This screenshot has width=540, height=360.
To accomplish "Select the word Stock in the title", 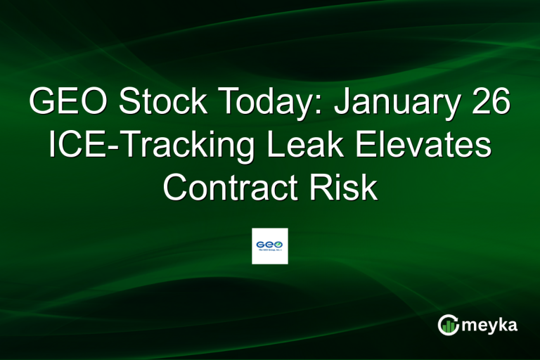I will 163,103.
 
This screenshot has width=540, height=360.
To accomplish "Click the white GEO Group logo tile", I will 270,246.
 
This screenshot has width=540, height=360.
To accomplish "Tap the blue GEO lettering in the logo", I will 265,244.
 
